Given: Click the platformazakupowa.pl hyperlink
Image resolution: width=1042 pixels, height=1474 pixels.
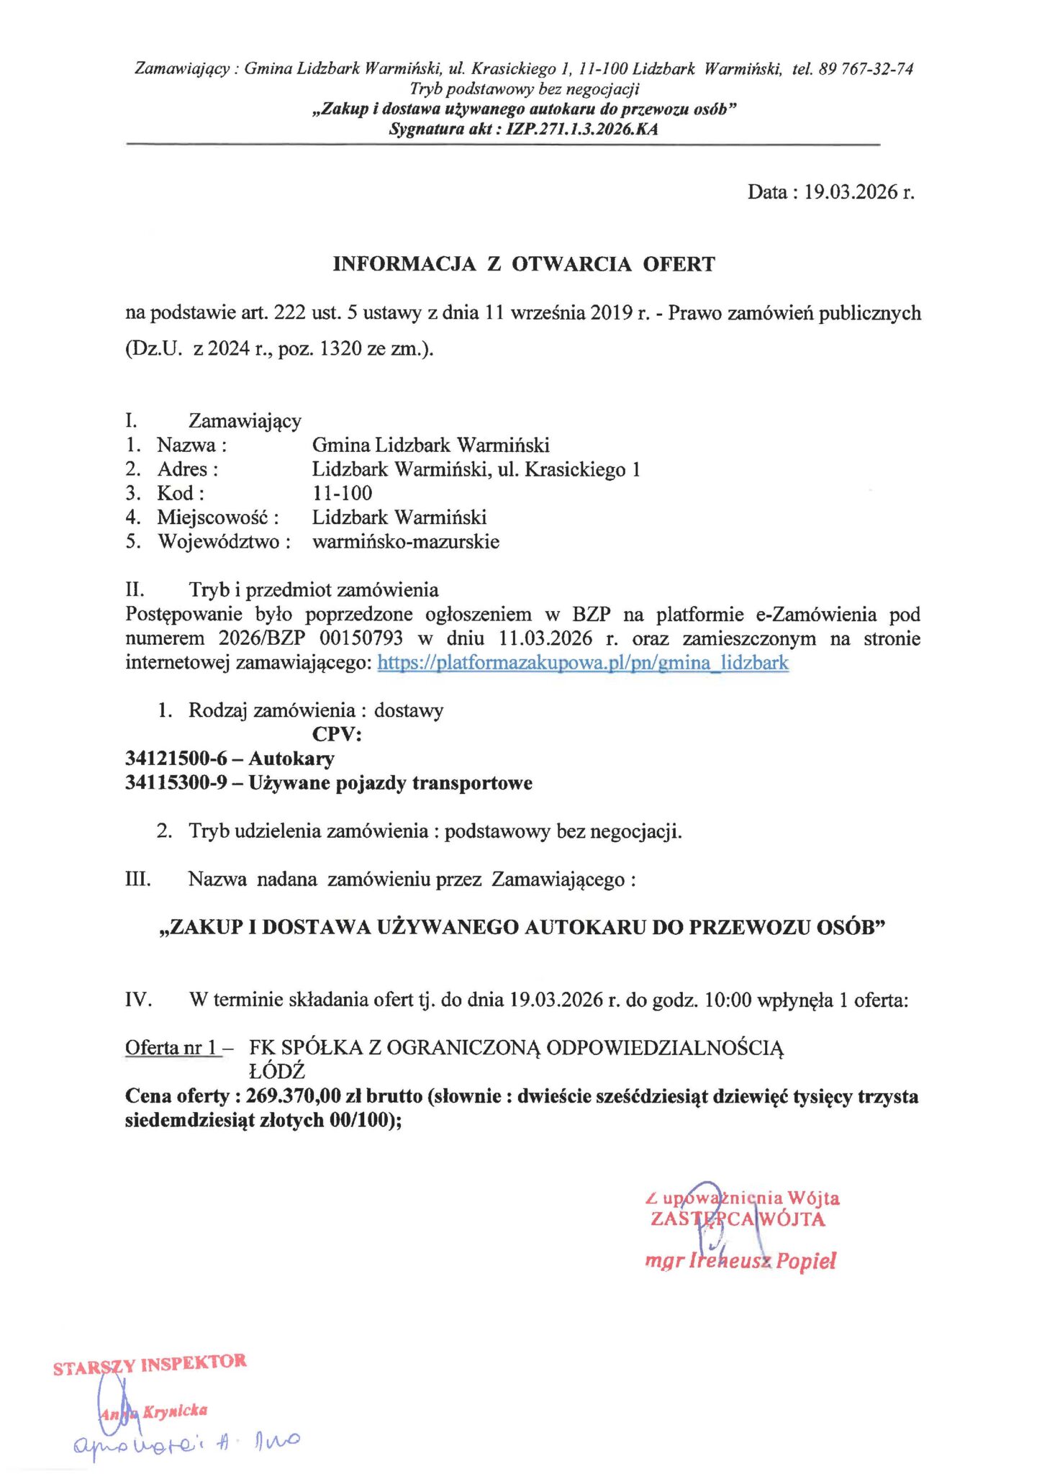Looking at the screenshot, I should click(x=583, y=663).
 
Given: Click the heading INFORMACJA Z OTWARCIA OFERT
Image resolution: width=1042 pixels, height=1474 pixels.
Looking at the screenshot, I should click(x=523, y=264).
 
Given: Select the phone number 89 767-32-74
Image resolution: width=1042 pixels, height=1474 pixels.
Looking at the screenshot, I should click(x=866, y=69).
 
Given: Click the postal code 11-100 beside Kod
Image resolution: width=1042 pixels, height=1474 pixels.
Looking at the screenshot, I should click(x=342, y=494).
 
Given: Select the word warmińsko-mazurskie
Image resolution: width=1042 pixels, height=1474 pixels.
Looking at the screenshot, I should click(x=406, y=542).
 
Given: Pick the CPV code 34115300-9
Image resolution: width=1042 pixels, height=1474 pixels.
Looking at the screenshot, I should click(x=176, y=783).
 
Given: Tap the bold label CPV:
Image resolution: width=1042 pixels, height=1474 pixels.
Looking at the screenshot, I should click(x=337, y=734).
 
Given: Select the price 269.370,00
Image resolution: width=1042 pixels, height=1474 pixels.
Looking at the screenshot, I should click(x=293, y=1096).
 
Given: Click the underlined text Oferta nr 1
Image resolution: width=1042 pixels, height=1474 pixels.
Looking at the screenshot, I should click(x=172, y=1048).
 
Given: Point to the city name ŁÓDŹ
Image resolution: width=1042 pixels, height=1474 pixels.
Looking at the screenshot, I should click(x=276, y=1072).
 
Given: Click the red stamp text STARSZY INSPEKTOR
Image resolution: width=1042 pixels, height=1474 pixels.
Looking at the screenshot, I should click(x=150, y=1364).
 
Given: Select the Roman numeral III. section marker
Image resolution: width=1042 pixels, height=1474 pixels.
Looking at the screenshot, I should click(x=137, y=880).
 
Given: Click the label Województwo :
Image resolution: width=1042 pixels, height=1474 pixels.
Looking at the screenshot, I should click(x=224, y=542).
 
